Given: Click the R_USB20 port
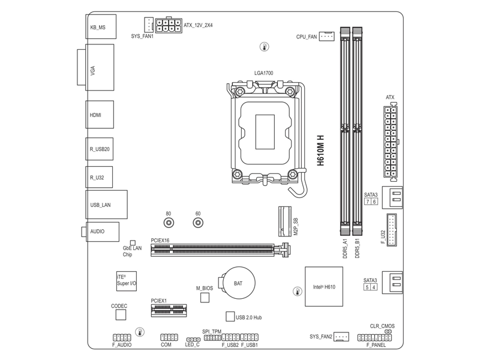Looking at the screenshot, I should coord(100,149).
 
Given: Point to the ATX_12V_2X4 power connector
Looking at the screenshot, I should coord(168,25).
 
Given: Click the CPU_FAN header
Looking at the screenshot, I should coord(326,37).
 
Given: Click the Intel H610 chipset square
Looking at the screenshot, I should coord(323,287).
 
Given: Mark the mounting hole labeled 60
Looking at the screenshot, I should coord(198,223).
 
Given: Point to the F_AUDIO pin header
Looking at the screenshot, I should coord(122,338).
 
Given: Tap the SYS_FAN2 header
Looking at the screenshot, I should coord(341,337).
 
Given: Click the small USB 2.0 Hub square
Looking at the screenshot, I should coord(230,316).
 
